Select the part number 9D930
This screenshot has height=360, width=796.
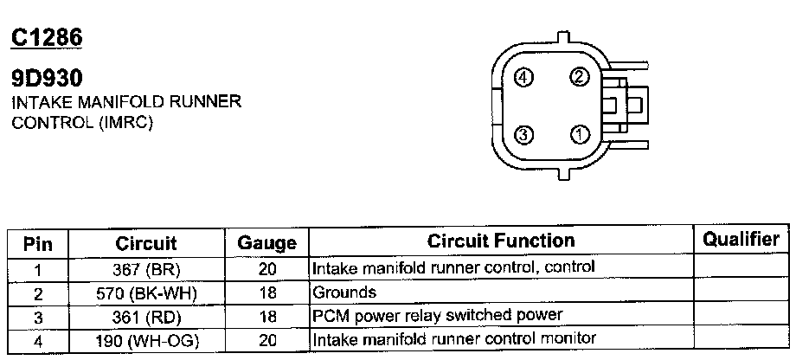tap(46, 79)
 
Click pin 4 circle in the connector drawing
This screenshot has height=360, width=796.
tap(522, 78)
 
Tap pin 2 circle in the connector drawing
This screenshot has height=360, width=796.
tap(579, 77)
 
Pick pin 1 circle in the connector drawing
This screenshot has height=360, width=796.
tap(579, 134)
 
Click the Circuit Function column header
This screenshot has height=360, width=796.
tap(501, 241)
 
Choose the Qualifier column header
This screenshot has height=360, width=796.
tap(741, 240)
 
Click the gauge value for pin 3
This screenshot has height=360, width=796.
tap(266, 317)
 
